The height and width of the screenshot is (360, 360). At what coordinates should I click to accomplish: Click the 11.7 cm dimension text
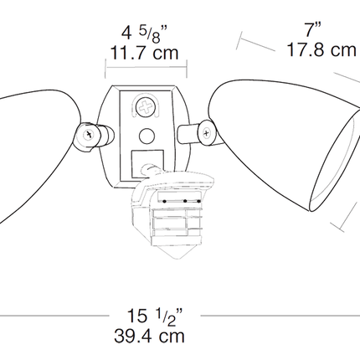tap(144, 53)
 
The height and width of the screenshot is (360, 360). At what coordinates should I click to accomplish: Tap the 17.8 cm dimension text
tap(321, 50)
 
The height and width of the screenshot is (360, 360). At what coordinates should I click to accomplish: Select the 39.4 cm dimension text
tap(149, 336)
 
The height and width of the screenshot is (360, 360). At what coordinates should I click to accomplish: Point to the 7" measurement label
tap(312, 29)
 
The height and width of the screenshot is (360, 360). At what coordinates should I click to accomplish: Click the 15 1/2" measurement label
tap(155, 316)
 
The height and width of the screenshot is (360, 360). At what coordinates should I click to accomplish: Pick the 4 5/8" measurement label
tap(144, 33)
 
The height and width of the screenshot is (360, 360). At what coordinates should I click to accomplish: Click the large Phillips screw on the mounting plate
tap(145, 107)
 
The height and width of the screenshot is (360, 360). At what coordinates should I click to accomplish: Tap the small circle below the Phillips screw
tap(147, 136)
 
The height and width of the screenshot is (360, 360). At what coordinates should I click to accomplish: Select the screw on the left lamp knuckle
tap(89, 135)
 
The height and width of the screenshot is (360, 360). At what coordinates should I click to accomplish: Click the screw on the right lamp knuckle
tap(207, 133)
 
